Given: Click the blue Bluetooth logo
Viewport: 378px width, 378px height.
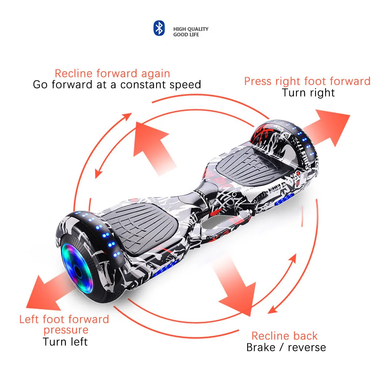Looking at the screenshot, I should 159,28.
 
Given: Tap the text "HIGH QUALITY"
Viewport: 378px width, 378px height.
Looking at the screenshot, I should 191,29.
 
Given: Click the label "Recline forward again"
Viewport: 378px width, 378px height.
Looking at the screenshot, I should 112,73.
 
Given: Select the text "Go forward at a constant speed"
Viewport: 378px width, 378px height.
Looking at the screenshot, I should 117,85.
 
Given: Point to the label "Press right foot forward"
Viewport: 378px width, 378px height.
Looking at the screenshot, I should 307,81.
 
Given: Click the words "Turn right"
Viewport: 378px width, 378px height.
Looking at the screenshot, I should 308,93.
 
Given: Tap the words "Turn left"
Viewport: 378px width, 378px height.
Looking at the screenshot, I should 65,341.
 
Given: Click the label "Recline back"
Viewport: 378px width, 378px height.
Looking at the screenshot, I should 284,336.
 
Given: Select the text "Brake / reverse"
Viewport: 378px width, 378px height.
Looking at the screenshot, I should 286,347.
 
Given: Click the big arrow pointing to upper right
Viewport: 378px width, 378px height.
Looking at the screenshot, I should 327,127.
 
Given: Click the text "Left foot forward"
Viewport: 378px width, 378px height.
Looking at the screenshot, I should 64,319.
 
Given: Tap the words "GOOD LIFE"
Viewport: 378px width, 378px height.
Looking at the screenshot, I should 186,35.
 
